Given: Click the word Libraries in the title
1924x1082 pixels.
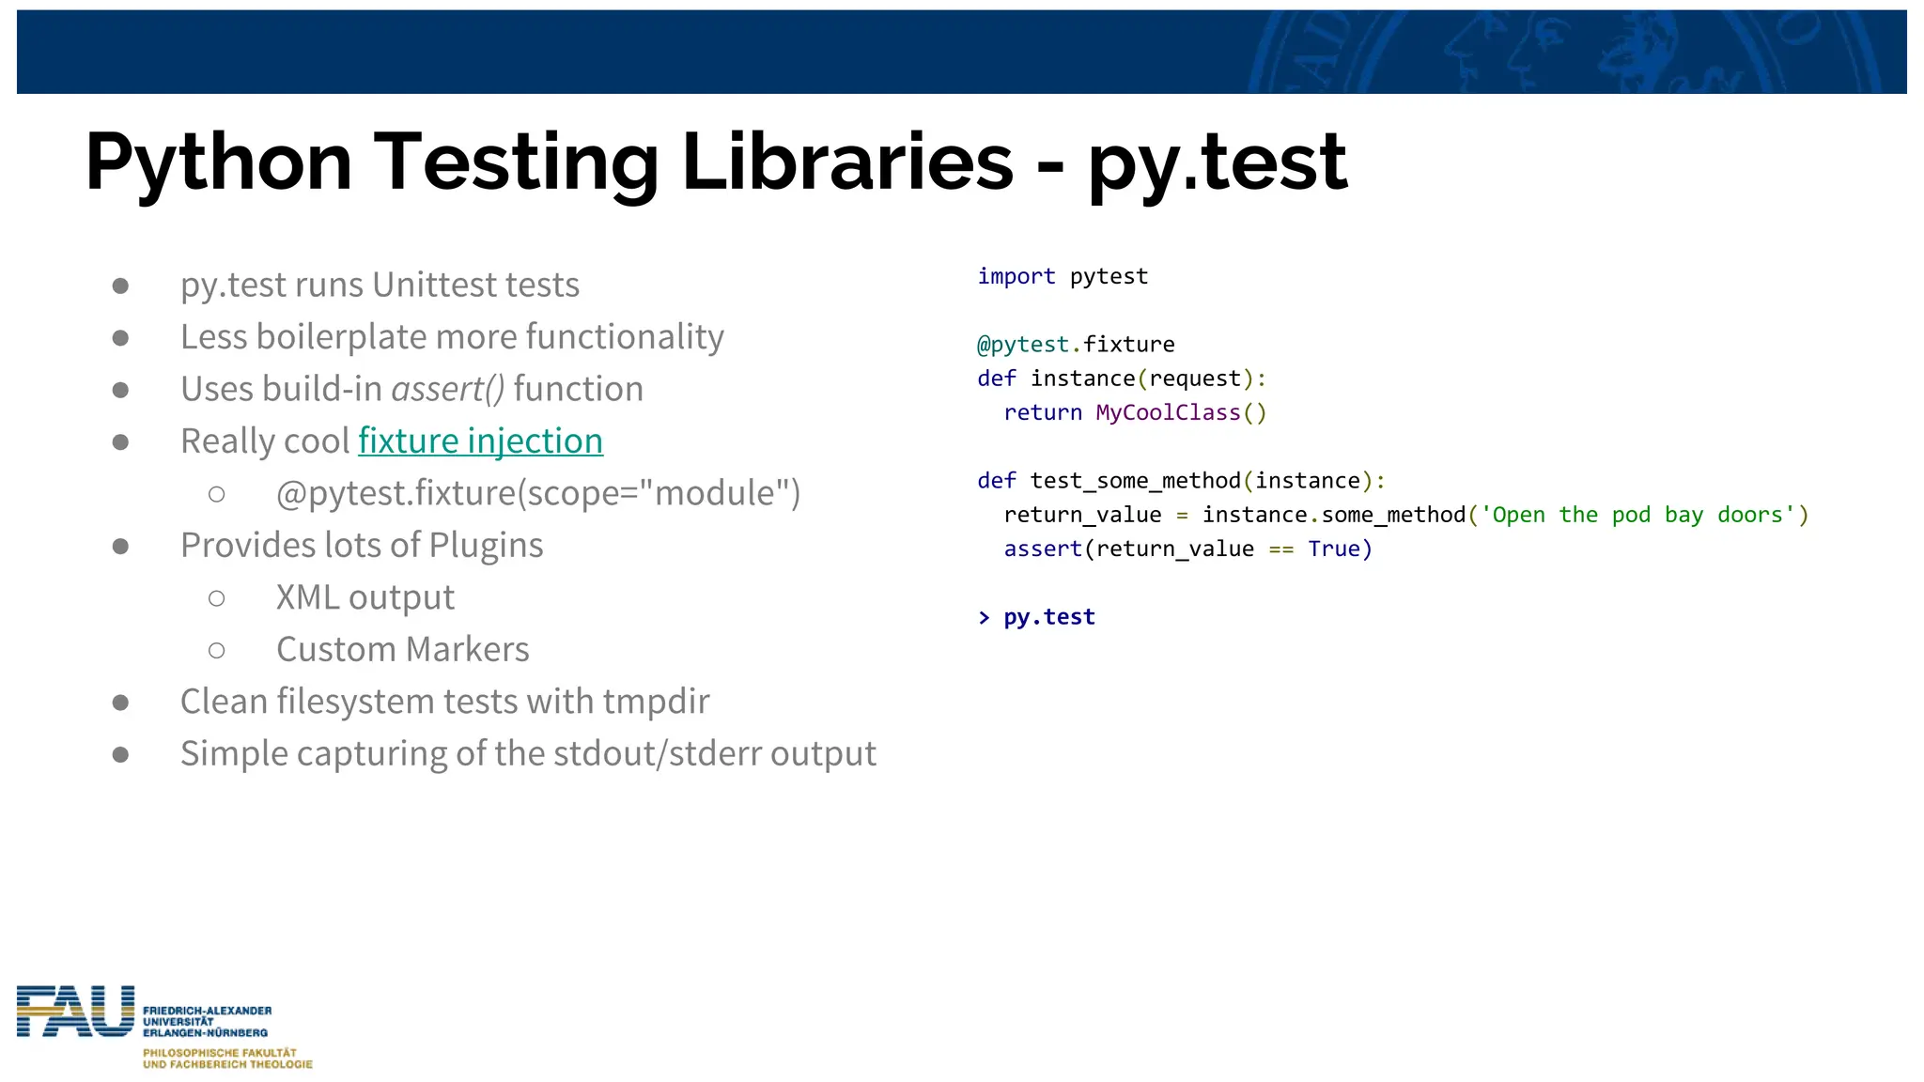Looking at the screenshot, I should coord(847,162).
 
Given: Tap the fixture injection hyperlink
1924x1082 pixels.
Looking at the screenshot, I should coord(480,441).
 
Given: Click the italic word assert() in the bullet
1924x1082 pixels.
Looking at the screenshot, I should coord(448,389).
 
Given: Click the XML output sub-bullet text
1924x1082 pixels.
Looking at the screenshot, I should coord(365,597).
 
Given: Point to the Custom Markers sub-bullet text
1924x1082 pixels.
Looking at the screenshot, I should coord(402,649).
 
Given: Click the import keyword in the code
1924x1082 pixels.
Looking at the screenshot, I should coord(1016,276).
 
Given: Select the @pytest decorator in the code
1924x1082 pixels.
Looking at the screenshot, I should coord(1022,345).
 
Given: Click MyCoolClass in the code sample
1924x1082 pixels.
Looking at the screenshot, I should coord(1168,412).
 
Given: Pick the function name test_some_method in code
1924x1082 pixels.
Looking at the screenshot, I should coord(1135,481).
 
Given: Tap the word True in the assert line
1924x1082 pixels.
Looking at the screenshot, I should coord(1333,549).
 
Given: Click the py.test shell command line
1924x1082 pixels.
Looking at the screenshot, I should coord(1048,617).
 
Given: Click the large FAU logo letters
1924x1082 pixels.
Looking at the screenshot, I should coord(75,1012).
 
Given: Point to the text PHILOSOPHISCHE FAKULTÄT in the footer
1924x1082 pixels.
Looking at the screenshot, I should coord(219,1053).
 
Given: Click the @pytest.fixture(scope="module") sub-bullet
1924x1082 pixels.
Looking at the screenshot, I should coord(537,493).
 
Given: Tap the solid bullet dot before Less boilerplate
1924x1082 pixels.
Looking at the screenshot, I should coord(120,337).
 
